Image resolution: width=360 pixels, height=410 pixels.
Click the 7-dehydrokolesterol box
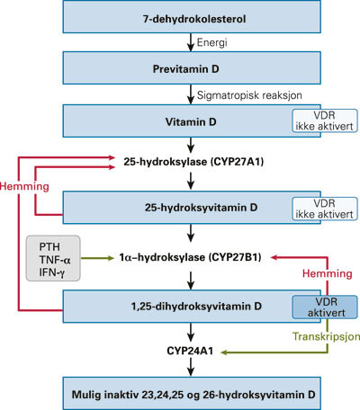(189, 19)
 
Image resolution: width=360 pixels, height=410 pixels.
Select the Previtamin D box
(189, 68)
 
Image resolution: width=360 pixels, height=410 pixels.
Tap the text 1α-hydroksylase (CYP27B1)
(190, 255)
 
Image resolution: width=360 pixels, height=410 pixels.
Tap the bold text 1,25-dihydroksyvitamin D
(189, 306)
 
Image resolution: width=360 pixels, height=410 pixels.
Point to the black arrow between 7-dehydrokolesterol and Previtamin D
(189, 43)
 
